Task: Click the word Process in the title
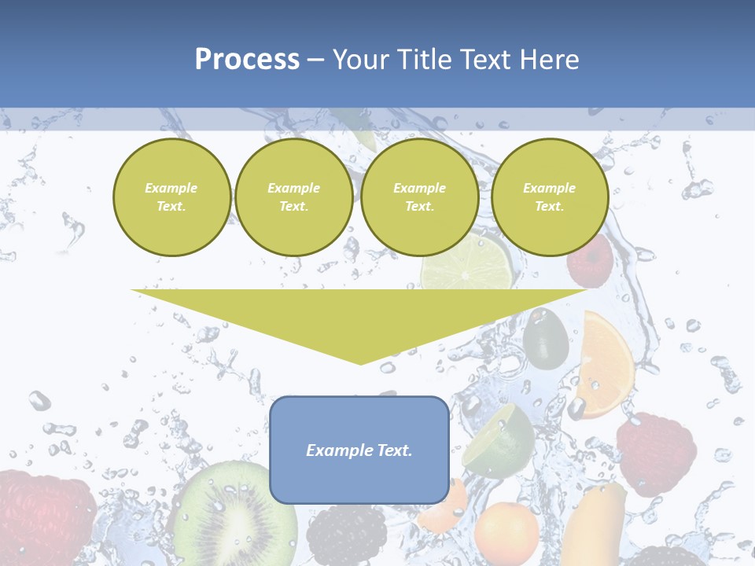pyautogui.click(x=247, y=60)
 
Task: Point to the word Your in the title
pyautogui.click(x=360, y=60)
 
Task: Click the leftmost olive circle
pyautogui.click(x=171, y=197)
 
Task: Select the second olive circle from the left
pyautogui.click(x=293, y=197)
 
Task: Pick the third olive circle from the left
pyautogui.click(x=419, y=197)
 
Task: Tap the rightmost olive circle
pyautogui.click(x=549, y=197)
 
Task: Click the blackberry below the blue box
pyautogui.click(x=346, y=535)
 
